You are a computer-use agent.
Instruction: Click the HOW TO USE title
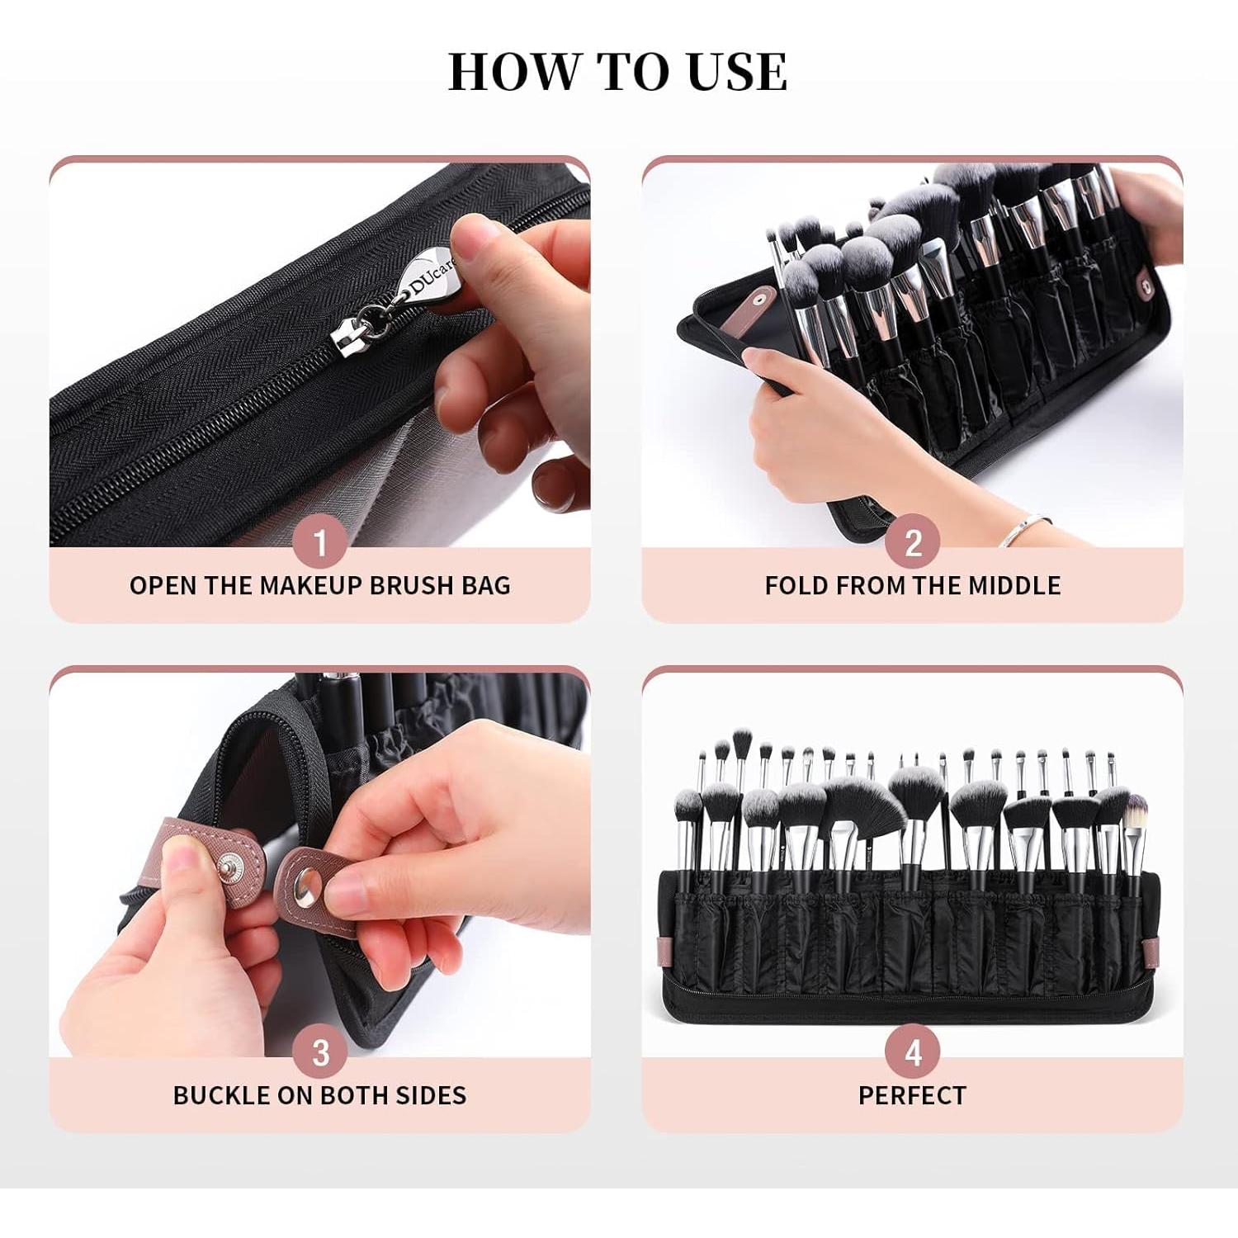pos(617,71)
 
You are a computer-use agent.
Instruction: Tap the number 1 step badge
pos(320,542)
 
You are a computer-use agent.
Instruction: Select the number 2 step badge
pos(912,542)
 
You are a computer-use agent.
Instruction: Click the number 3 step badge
pos(320,1052)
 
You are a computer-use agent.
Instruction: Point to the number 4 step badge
pos(912,1052)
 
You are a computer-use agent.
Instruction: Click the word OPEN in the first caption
pos(163,585)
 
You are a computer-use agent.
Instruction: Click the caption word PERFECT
pos(912,1095)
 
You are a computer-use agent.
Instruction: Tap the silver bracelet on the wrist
pos(1023,528)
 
